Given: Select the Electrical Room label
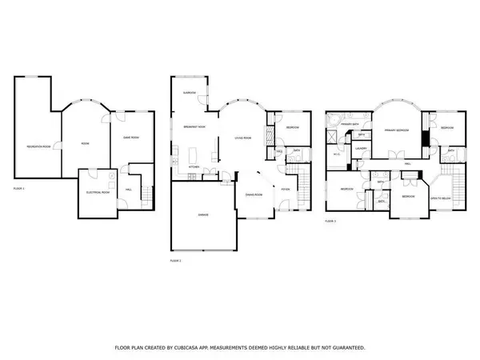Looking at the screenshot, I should tap(98, 193).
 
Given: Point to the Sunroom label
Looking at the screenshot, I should tap(190, 93).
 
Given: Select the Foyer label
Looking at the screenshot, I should tap(285, 189).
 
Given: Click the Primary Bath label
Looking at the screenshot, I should tap(349, 125).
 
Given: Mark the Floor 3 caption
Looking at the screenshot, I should tap(330, 220).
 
